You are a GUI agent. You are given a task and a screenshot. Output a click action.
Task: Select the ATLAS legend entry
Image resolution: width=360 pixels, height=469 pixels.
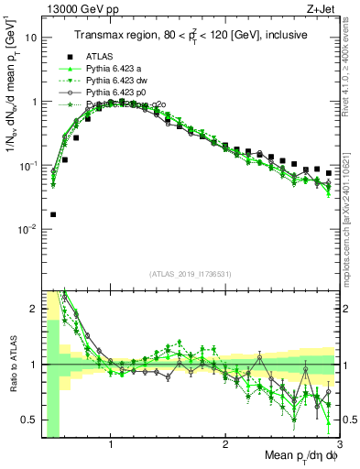point(99,56)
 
